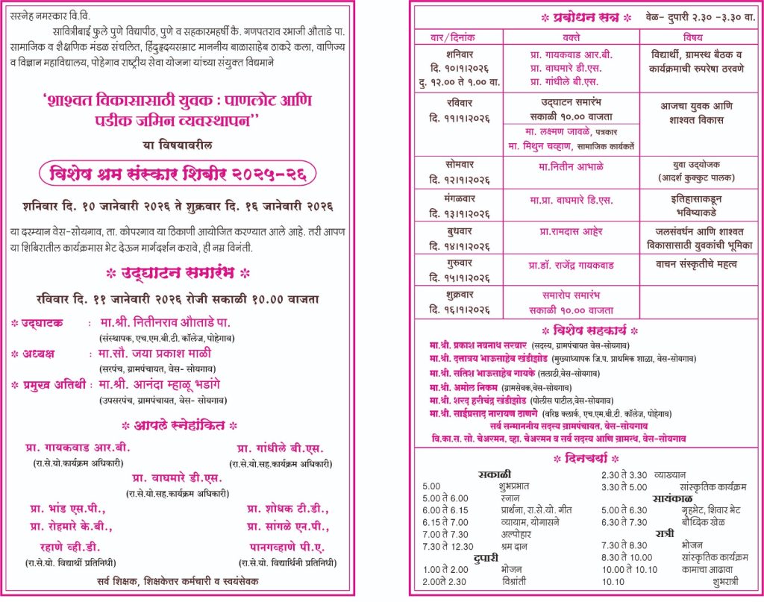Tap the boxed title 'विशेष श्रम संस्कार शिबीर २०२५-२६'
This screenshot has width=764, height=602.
[x=178, y=175]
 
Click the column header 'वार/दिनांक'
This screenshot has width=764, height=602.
[x=459, y=36]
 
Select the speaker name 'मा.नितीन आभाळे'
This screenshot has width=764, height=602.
[x=571, y=166]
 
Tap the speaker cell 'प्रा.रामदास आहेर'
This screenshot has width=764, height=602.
[x=571, y=231]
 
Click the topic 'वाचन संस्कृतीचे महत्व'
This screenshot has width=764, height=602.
[x=696, y=264]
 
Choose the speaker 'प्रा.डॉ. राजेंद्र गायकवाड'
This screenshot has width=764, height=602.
[x=571, y=265]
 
